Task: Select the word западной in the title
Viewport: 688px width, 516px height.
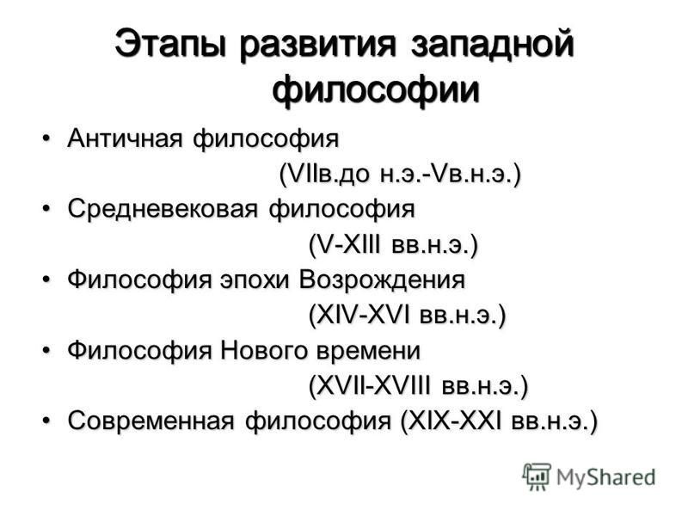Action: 492,45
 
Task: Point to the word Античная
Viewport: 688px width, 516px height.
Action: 125,138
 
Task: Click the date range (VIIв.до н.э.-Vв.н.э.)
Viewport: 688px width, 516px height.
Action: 400,175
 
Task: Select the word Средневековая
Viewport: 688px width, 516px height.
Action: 163,208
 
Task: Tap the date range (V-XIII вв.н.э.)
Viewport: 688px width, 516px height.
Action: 393,244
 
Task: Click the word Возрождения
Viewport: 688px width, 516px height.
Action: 382,280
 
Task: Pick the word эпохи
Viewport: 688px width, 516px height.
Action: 255,280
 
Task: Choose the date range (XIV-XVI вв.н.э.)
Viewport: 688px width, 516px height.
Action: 407,315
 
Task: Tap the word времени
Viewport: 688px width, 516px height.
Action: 368,351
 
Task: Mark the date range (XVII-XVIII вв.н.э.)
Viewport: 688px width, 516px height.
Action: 419,386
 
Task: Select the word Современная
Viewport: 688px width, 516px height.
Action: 151,421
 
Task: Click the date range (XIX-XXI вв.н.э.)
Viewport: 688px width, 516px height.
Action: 499,421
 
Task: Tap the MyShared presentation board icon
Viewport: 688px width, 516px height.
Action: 537,476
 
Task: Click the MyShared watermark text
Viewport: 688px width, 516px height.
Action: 606,477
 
